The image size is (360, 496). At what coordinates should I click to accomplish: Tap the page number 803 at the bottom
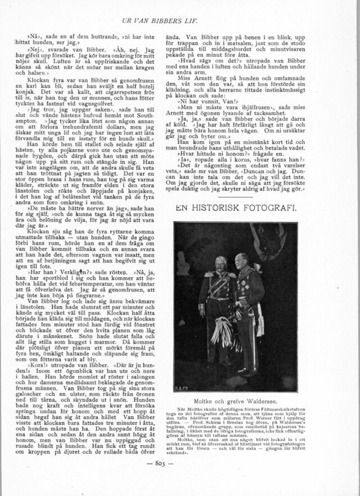click(x=179, y=479)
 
